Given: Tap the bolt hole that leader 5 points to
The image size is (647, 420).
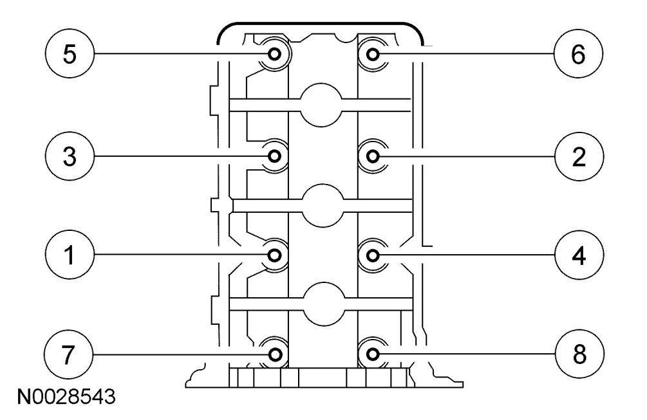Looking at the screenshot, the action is pos(275,54).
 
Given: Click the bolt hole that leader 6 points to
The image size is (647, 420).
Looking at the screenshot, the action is pos(372,54).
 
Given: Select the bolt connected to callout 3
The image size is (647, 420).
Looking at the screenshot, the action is pos(275,155).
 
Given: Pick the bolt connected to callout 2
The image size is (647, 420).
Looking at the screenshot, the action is pos(372,155).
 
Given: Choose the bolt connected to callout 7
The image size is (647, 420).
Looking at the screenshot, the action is pos(275,354).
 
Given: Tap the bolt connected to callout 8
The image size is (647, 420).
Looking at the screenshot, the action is pos(372,354).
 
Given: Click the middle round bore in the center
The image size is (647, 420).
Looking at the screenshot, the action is pos(322,205).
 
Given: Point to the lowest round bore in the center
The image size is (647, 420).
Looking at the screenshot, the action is pos(322,304).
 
